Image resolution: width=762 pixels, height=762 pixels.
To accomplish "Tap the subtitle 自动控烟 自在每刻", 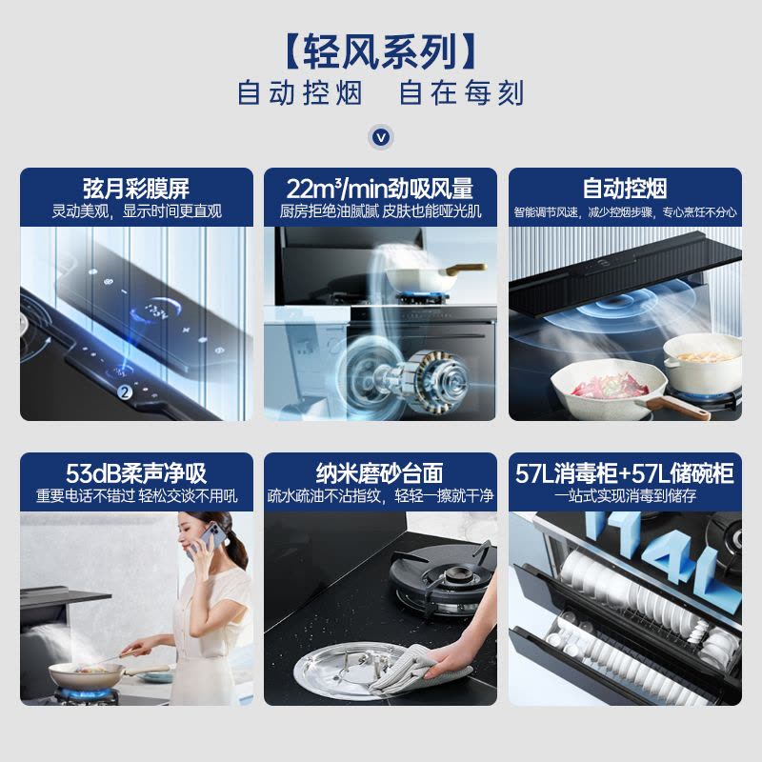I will click(x=381, y=94).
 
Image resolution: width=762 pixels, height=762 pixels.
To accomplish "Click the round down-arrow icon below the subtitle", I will click(x=381, y=137).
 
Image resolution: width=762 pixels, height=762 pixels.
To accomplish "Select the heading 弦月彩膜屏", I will click(x=136, y=188).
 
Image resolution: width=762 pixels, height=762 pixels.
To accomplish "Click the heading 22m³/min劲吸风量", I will click(x=380, y=188).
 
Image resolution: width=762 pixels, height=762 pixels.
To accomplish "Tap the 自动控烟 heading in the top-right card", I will click(x=625, y=188).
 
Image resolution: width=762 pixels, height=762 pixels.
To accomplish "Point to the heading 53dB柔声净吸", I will click(x=136, y=472).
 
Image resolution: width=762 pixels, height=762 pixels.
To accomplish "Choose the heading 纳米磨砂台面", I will click(x=380, y=472).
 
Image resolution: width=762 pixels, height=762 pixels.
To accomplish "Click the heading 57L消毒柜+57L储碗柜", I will click(x=625, y=472).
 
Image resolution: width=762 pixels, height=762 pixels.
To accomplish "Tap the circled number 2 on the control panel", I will click(x=124, y=391).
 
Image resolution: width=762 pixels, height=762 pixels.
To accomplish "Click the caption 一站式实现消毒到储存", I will click(x=625, y=496).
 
